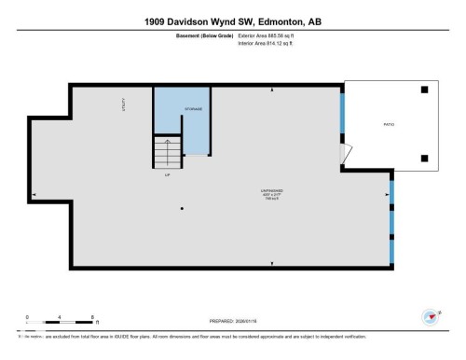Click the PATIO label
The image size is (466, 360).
tap(389, 123)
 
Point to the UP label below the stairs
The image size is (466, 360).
tap(167, 174)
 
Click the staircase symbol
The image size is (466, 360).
tap(167, 151)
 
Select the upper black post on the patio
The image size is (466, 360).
tap(424, 90)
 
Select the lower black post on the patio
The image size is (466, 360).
tap(424, 157)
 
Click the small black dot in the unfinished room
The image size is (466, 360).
tap(182, 208)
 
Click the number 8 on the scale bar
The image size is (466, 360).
tap(92, 316)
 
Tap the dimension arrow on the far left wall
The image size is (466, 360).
tap(34, 195)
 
